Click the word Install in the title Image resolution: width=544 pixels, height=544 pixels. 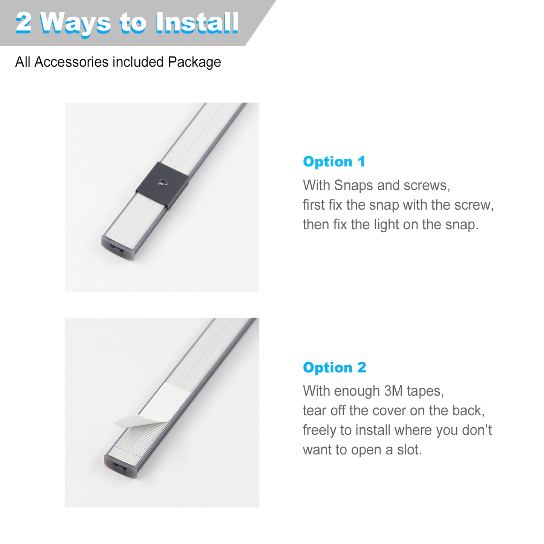(197, 23)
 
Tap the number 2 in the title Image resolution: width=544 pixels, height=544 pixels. (23, 23)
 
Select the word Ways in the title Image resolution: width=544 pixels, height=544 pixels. (75, 24)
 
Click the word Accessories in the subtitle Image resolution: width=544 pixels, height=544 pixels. (71, 62)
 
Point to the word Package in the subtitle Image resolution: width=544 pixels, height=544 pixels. (194, 62)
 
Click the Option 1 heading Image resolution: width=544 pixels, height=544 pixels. (334, 162)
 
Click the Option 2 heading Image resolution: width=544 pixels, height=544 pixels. (335, 367)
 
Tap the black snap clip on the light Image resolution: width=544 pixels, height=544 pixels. (162, 186)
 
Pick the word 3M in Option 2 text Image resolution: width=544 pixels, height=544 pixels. (393, 391)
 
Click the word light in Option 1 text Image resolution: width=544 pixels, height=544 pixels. (386, 225)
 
